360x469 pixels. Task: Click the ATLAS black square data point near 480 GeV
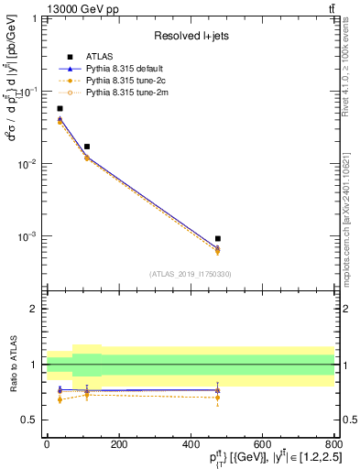(x=217, y=238)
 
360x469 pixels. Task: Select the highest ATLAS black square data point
(x=60, y=108)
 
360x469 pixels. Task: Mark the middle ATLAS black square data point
(x=86, y=147)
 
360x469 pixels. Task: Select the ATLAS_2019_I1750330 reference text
(x=191, y=273)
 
